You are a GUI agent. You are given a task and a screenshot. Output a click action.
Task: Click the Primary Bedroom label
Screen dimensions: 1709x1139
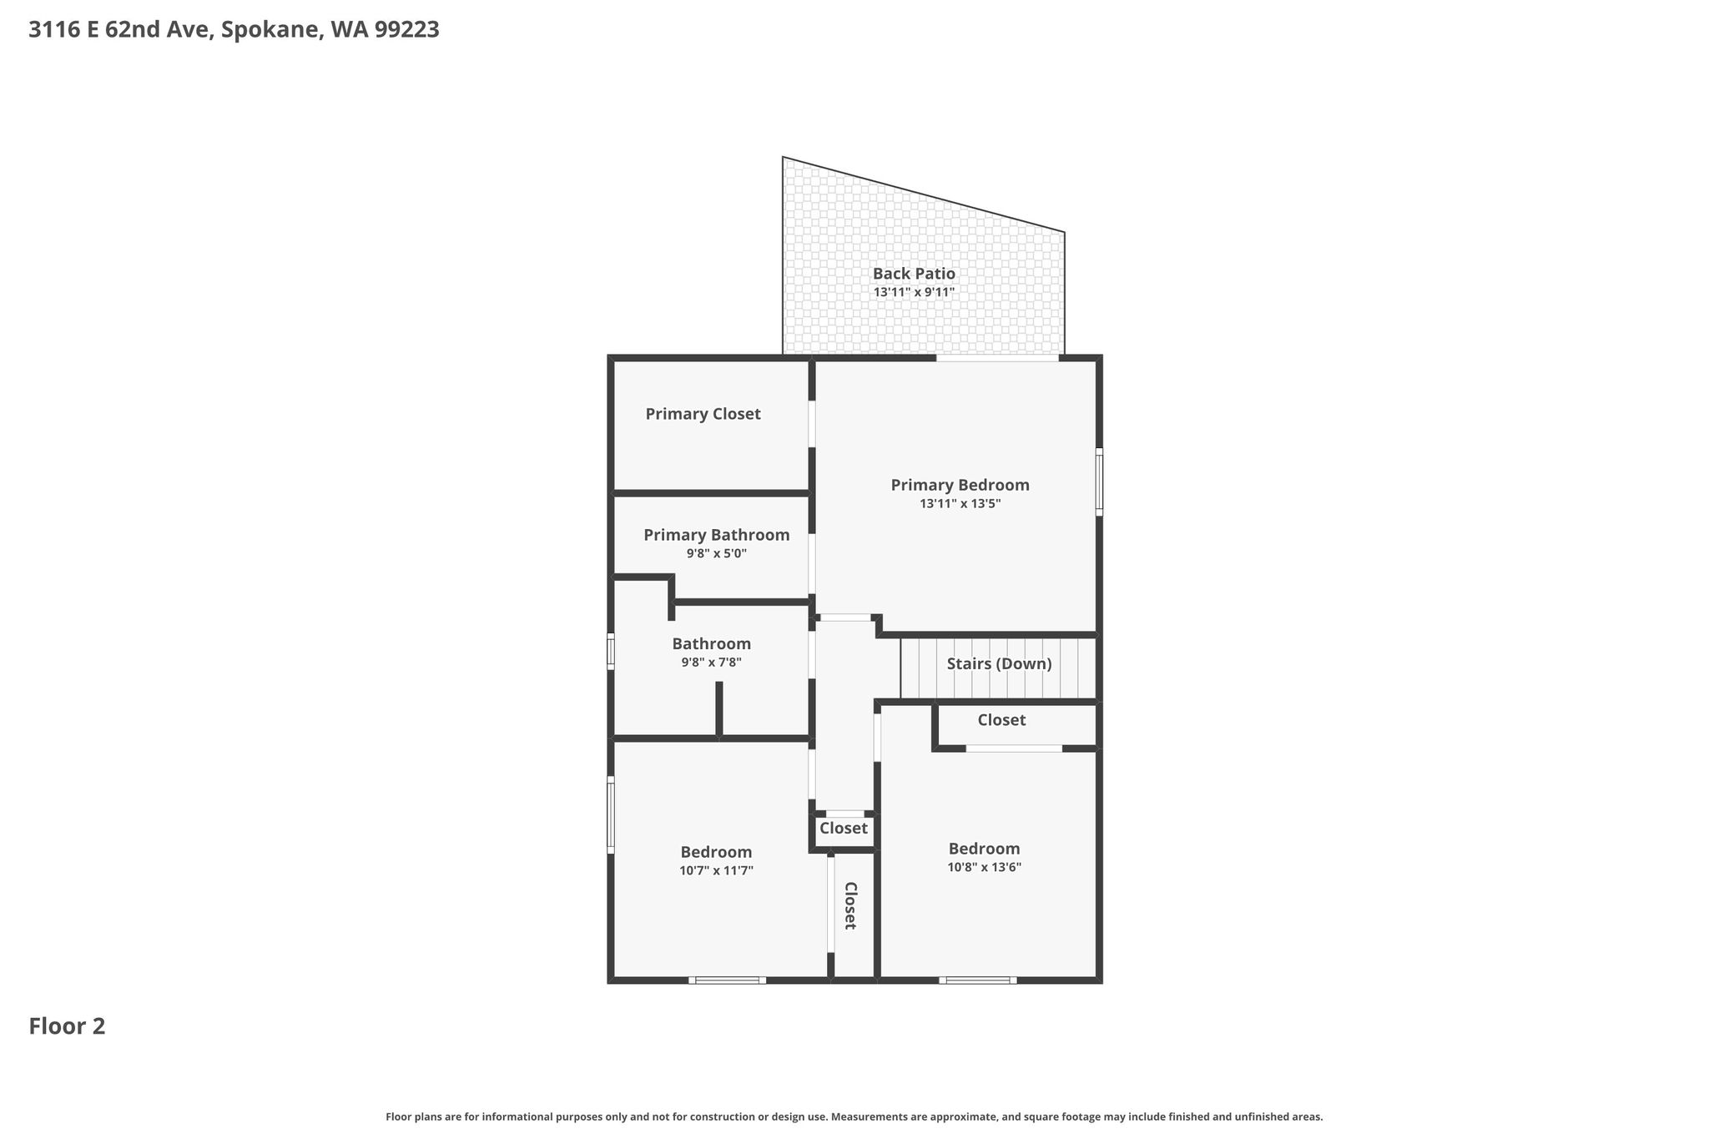[960, 485]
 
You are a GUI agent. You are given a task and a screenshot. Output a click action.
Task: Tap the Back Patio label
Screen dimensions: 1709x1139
[914, 274]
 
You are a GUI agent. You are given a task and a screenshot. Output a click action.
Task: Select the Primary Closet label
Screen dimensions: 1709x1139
[703, 414]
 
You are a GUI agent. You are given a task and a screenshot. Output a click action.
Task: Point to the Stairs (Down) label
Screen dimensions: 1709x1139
[999, 664]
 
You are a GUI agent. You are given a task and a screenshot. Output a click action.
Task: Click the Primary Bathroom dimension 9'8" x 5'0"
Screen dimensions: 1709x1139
[716, 553]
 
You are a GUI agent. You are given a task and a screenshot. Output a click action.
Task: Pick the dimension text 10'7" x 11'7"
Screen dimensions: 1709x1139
[716, 870]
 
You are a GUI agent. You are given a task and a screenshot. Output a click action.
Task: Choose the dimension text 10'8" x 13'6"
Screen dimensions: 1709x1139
[984, 867]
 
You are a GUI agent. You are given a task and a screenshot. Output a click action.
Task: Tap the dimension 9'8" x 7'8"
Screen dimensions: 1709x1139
[711, 663]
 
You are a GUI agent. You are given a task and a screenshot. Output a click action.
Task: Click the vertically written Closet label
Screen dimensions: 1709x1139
[849, 905]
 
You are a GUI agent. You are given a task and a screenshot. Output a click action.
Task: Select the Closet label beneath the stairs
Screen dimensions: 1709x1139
[1001, 720]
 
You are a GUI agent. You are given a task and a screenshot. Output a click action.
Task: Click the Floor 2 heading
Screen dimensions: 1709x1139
[67, 1026]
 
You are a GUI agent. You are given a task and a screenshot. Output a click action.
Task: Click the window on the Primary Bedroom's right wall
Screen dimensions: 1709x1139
[1099, 482]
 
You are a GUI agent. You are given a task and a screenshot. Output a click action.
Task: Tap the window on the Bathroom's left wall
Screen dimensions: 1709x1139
[611, 651]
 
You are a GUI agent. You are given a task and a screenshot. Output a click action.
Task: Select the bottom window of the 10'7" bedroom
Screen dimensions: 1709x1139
[727, 980]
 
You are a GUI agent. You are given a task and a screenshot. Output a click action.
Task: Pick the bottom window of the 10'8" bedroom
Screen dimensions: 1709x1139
[977, 980]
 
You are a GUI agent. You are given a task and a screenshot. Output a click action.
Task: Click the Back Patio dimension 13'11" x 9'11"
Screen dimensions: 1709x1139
[914, 293]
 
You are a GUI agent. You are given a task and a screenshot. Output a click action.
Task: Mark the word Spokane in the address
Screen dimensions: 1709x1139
[272, 30]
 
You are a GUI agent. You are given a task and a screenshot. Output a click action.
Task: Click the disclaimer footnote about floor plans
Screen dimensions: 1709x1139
[854, 1116]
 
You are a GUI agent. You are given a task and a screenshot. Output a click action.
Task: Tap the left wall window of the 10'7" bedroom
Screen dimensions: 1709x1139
[611, 814]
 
